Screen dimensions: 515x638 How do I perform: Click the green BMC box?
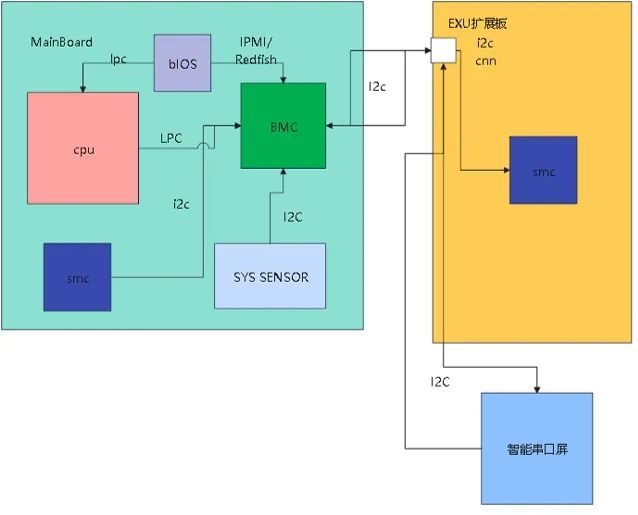click(x=284, y=126)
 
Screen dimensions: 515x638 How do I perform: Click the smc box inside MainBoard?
click(x=77, y=277)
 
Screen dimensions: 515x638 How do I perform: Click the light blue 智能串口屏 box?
click(x=536, y=448)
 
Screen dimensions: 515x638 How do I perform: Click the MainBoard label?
click(x=62, y=42)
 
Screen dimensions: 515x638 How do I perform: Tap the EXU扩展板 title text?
click(x=479, y=22)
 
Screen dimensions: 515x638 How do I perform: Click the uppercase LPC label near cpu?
click(x=171, y=139)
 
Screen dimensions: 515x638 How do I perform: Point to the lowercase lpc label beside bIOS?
click(x=119, y=60)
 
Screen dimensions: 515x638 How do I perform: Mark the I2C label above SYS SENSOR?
click(x=294, y=217)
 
